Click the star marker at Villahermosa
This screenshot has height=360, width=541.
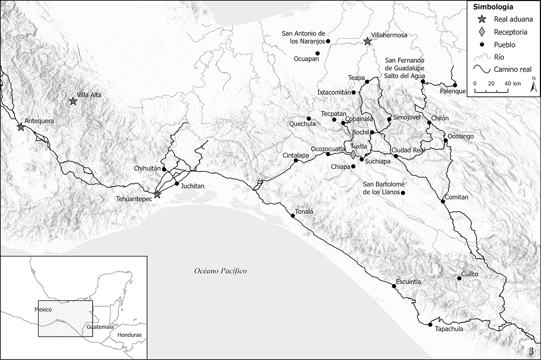tap(367, 42)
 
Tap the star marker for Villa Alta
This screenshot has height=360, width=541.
tap(73, 101)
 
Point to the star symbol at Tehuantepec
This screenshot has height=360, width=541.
tap(157, 195)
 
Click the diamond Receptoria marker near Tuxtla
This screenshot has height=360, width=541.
tap(353, 155)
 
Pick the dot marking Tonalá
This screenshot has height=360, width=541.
tap(293, 216)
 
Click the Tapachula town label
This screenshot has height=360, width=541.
tap(449, 329)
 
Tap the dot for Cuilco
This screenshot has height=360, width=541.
tap(459, 278)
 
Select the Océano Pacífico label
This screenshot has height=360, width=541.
tap(221, 271)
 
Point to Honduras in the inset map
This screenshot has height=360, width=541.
tap(129, 335)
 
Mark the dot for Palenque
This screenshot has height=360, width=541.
tap(455, 85)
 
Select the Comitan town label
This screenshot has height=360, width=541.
tap(457, 197)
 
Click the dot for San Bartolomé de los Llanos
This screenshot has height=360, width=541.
tap(403, 193)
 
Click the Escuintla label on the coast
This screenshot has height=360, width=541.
tap(408, 282)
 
